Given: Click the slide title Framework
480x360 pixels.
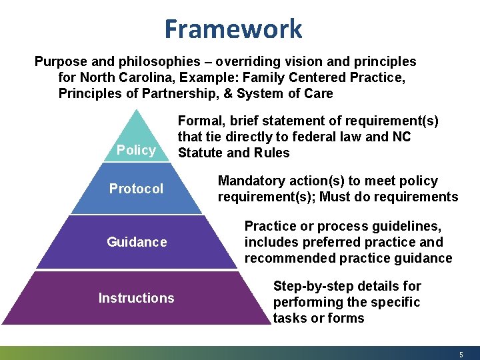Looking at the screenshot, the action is [x=233, y=29].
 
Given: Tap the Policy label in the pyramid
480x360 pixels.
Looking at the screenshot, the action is [x=136, y=150].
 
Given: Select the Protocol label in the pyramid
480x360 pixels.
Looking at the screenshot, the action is [x=136, y=189].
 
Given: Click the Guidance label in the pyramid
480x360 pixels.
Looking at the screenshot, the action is [x=137, y=242].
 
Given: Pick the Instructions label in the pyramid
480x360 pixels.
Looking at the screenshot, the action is [x=136, y=298].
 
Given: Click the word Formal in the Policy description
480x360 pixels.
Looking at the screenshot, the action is [x=199, y=121].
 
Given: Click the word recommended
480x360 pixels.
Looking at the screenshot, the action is [x=288, y=258].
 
